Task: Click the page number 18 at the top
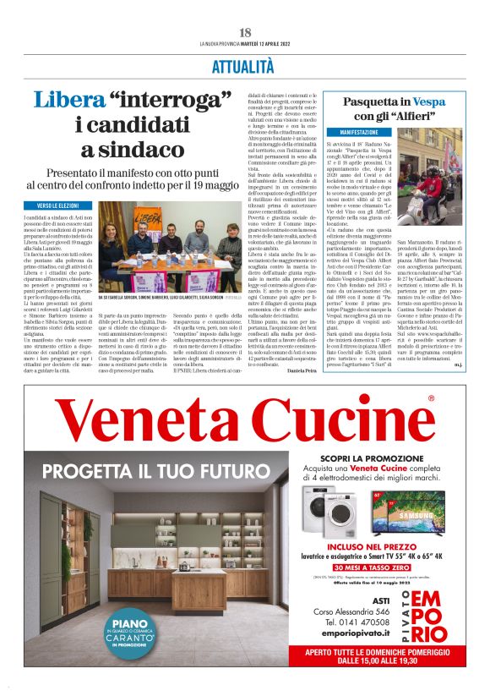point(245,32)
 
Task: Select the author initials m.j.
point(456,367)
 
